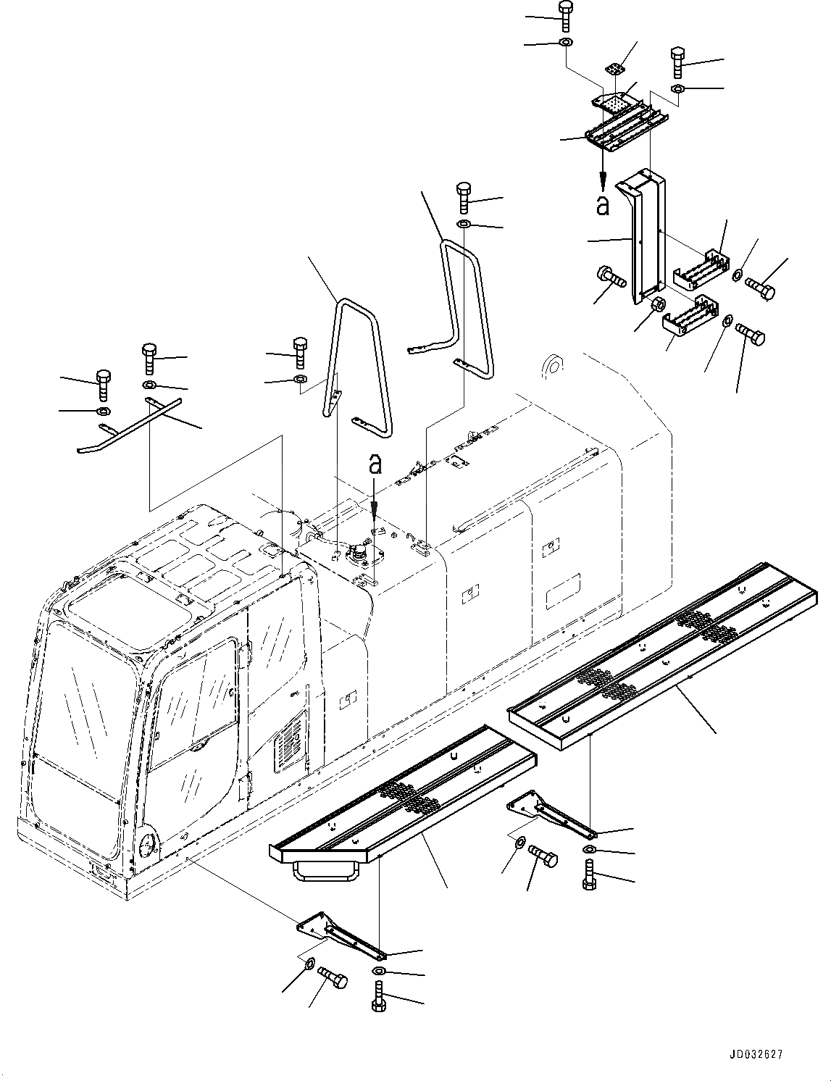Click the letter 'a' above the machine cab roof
click(375, 464)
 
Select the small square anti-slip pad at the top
click(615, 70)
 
